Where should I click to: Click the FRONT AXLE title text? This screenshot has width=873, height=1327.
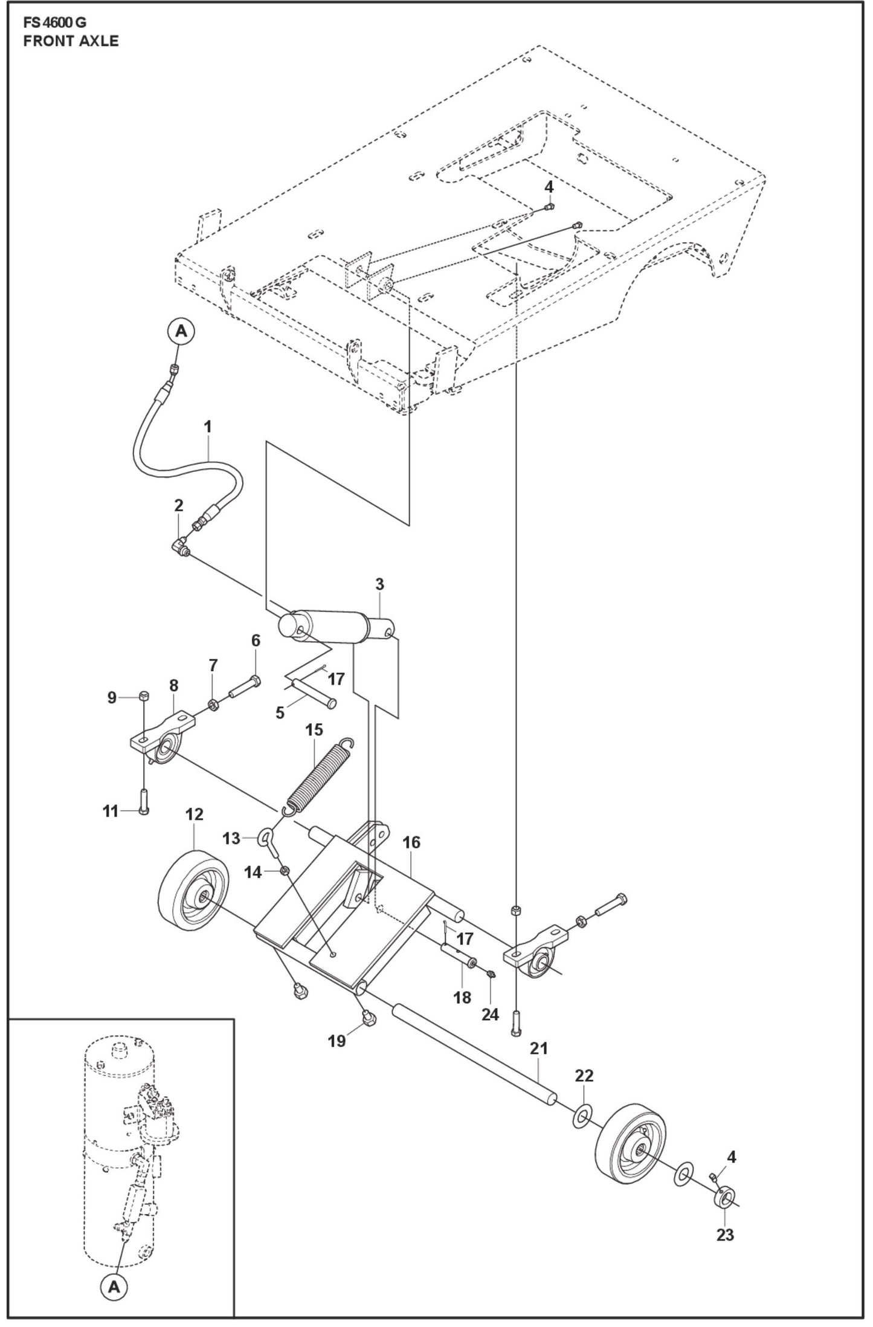point(71,41)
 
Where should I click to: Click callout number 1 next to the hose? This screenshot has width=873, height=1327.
point(207,427)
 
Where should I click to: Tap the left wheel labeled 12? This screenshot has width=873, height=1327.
point(193,886)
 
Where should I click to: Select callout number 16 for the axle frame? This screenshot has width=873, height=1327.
point(411,842)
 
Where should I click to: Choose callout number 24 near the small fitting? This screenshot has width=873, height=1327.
point(489,1014)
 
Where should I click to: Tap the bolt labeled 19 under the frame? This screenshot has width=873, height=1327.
point(368,1018)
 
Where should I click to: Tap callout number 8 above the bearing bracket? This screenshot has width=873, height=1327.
point(174,685)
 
